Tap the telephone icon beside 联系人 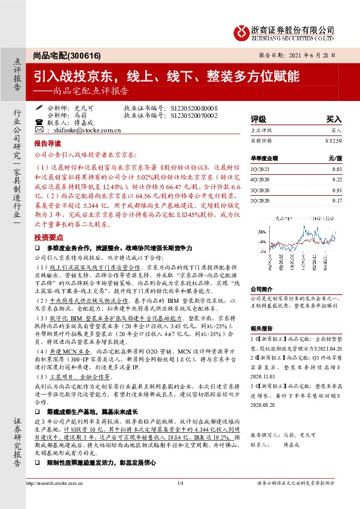39,122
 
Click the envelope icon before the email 39,129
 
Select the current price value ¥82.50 333,140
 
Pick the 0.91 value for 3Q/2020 337,190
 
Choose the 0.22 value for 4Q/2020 337,180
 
